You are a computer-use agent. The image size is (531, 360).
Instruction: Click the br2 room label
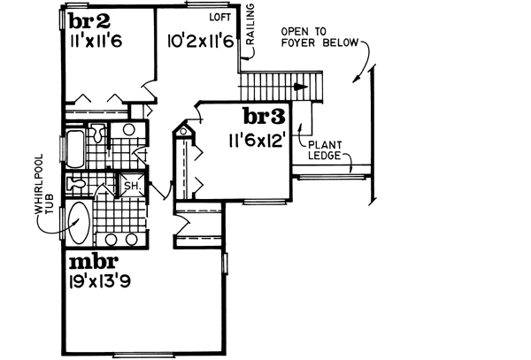[89, 21]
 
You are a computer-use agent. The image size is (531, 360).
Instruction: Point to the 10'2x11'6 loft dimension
[198, 39]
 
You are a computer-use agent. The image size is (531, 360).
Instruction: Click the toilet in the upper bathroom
[100, 134]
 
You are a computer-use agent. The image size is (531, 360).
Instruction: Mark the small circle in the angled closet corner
[184, 133]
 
